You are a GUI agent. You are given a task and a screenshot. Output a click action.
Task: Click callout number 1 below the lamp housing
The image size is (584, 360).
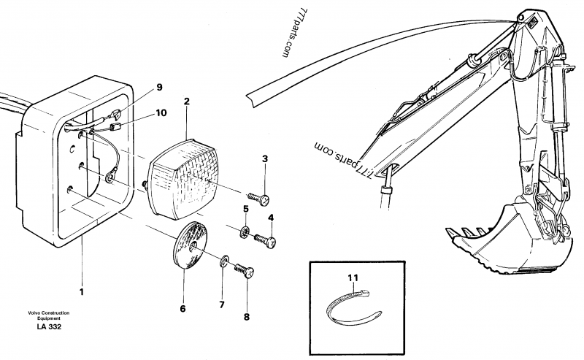point(82,292)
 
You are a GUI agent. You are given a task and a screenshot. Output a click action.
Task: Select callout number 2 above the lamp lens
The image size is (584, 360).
point(187,102)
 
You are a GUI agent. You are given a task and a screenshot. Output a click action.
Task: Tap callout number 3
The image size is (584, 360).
point(265,158)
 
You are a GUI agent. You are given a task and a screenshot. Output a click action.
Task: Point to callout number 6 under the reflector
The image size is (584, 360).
point(182,308)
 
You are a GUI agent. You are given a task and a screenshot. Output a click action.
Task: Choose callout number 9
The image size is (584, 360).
point(158,89)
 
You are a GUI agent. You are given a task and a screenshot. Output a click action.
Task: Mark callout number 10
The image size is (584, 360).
point(161,113)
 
